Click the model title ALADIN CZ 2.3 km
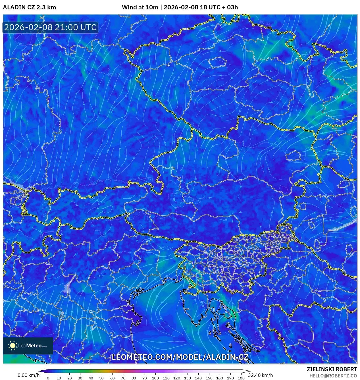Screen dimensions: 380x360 [x=29, y=7]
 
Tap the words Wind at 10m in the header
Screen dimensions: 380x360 [x=140, y=7]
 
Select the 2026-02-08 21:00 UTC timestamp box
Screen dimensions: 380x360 [x=50, y=28]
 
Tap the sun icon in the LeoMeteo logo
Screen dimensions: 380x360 [x=13, y=346]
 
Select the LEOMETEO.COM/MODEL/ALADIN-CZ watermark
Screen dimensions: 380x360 [x=180, y=357]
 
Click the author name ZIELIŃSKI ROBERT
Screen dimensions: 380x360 [x=332, y=369]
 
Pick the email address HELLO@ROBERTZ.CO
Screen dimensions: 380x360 [x=333, y=376]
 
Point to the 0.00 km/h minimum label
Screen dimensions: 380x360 [x=28, y=375]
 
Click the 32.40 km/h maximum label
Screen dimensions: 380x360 [x=260, y=375]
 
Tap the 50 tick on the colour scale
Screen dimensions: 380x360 [x=101, y=378]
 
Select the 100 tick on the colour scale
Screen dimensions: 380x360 [x=155, y=378]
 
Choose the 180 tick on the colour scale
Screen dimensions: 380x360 [x=241, y=378]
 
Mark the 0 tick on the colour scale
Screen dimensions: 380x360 [x=48, y=378]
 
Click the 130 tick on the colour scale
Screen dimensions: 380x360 [x=187, y=378]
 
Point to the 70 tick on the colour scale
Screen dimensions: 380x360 [x=123, y=378]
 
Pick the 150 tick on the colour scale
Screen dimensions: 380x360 [x=209, y=378]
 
